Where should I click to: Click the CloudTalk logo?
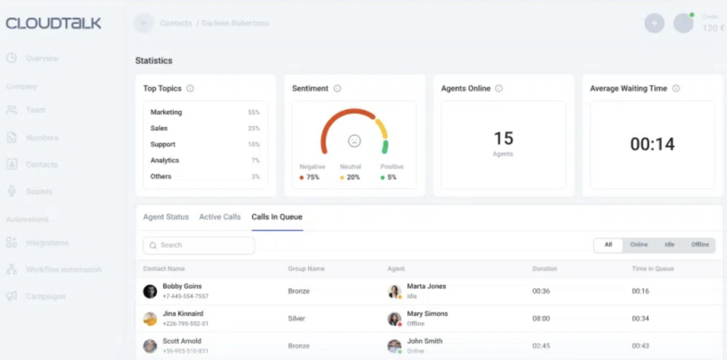point(53,23)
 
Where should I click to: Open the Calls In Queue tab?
point(277,217)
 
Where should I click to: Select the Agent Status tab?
point(166,217)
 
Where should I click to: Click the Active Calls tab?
point(219,217)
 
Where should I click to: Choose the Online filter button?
point(639,245)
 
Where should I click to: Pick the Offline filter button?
point(700,245)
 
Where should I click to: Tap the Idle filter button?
point(669,245)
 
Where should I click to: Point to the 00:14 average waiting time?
point(652,144)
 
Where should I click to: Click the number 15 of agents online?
point(503,138)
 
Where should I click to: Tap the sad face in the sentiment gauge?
point(354,141)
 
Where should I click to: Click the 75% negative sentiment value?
point(312,178)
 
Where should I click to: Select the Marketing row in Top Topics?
point(166,112)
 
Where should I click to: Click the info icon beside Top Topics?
point(190,89)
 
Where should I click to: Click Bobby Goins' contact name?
point(182,286)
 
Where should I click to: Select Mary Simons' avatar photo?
point(394,318)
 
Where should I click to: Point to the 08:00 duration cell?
point(541,319)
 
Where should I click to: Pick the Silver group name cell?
point(297,319)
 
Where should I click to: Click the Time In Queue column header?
point(652,269)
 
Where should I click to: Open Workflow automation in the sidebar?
point(63,270)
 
